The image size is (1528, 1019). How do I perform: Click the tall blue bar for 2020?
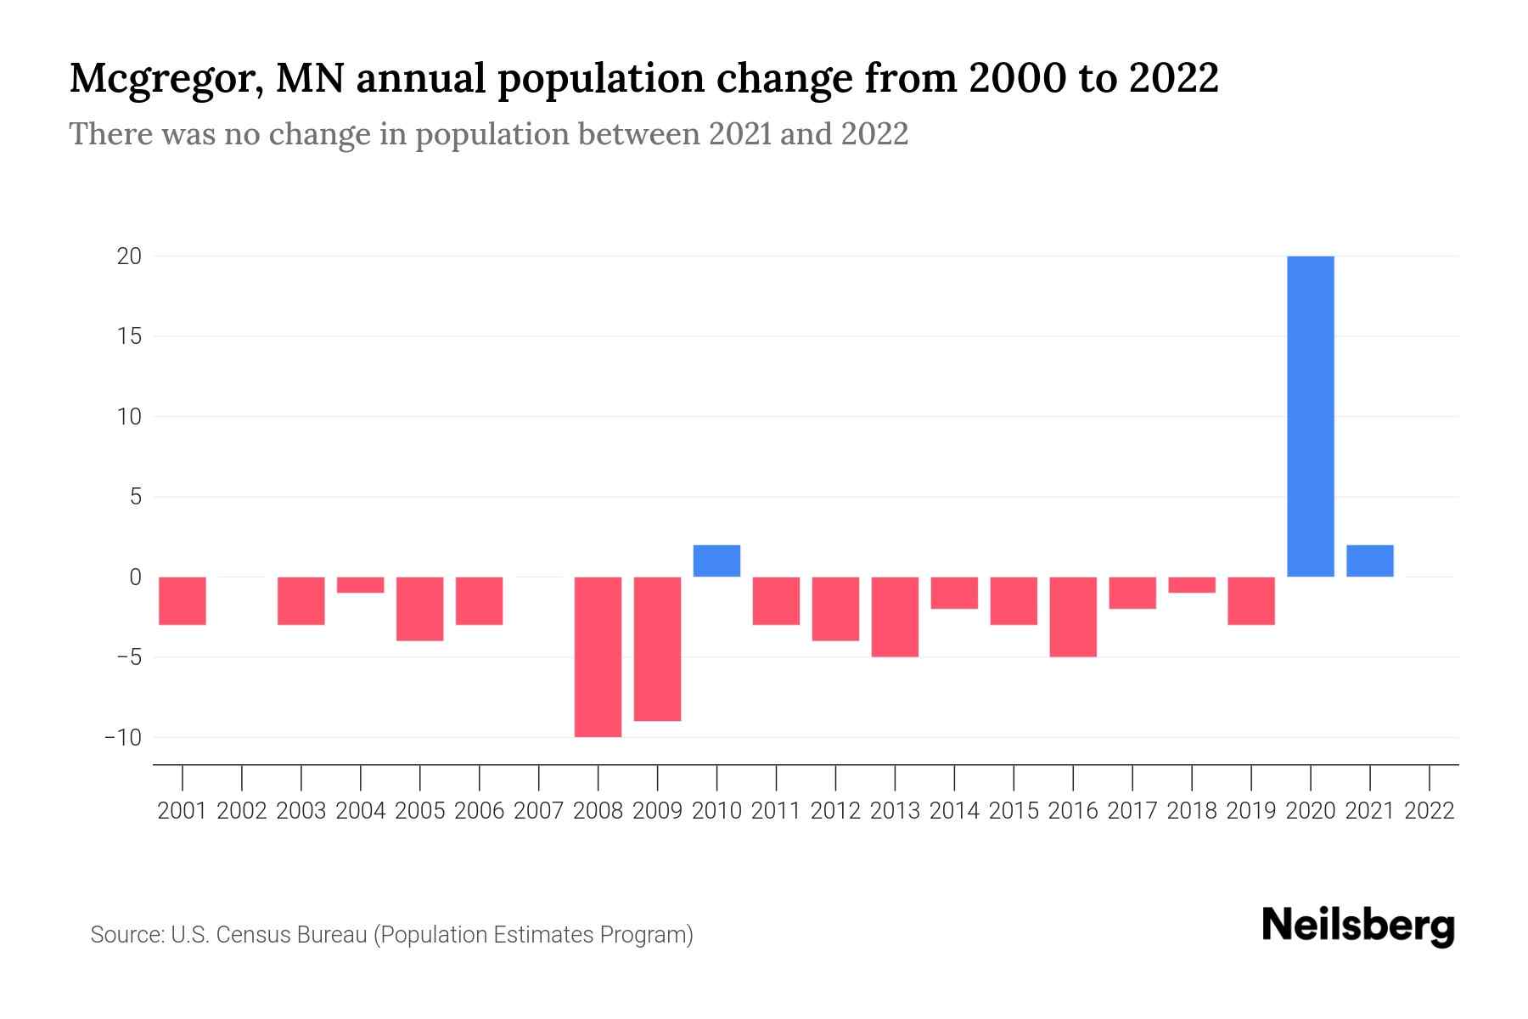pyautogui.click(x=1310, y=416)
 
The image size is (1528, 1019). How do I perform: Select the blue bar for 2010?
pyautogui.click(x=716, y=561)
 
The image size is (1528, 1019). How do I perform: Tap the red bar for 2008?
pyautogui.click(x=598, y=656)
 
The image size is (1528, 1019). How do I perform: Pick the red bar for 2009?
pyautogui.click(x=657, y=649)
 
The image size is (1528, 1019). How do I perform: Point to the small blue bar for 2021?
pyautogui.click(x=1369, y=561)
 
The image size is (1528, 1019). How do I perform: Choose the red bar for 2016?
pyautogui.click(x=1073, y=616)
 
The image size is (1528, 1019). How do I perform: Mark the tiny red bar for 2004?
pyautogui.click(x=361, y=585)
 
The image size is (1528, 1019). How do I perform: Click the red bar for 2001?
pyautogui.click(x=183, y=600)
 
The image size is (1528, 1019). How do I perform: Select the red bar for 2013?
pyautogui.click(x=895, y=616)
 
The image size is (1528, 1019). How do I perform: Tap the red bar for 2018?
pyautogui.click(x=1192, y=585)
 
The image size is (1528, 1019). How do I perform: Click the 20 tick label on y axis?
pyautogui.click(x=129, y=256)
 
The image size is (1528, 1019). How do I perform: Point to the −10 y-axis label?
pyautogui.click(x=122, y=737)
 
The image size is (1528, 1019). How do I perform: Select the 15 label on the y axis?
pyautogui.click(x=129, y=336)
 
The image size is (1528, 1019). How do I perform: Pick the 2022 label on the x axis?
pyautogui.click(x=1430, y=811)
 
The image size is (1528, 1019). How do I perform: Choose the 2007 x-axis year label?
pyautogui.click(x=538, y=811)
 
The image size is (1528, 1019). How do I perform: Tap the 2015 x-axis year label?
pyautogui.click(x=1014, y=811)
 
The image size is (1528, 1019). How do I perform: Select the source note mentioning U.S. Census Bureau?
pyautogui.click(x=391, y=935)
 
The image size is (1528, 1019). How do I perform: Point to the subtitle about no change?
pyautogui.click(x=488, y=134)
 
